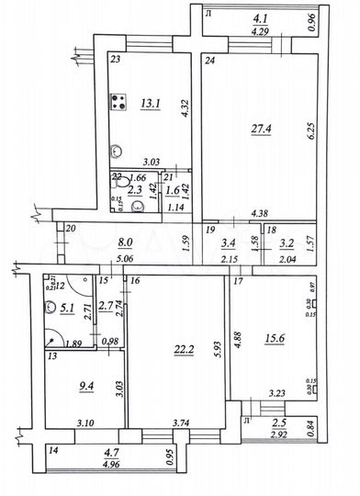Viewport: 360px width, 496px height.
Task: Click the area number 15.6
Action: tap(274, 341)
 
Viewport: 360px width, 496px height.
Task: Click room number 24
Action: tap(210, 62)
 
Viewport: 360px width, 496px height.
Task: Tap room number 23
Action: tap(116, 60)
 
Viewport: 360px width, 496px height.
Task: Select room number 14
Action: tap(53, 451)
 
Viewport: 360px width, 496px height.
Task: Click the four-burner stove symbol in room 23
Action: tap(118, 104)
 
